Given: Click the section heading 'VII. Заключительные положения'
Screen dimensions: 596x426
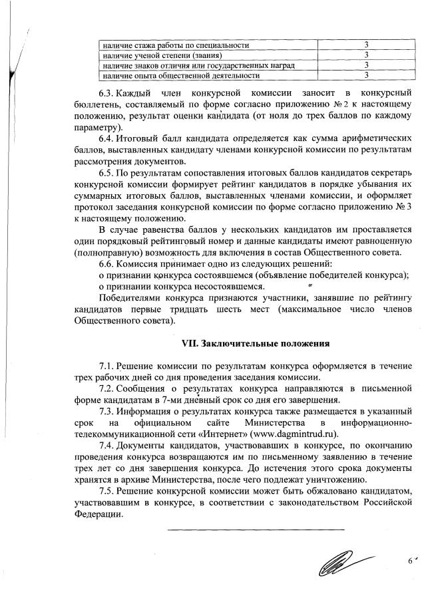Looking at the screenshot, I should click(256, 344).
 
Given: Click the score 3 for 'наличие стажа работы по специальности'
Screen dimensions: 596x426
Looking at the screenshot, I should click(367, 45).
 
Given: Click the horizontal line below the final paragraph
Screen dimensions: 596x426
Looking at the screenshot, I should click(256, 530).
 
